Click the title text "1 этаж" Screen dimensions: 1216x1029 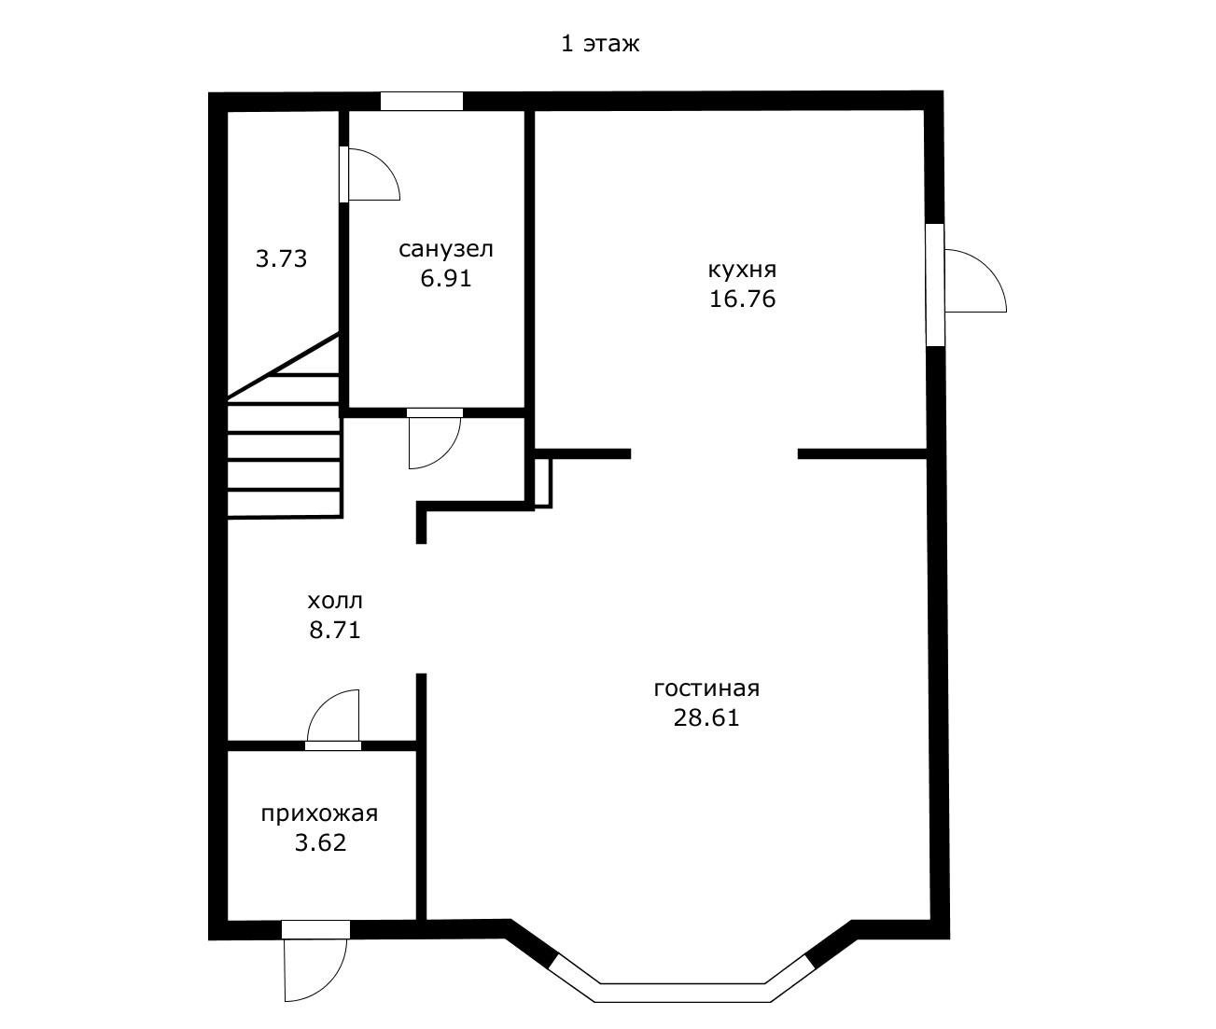pyautogui.click(x=600, y=44)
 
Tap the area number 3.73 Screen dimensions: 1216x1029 pyautogui.click(x=281, y=258)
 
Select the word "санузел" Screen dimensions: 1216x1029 pyautogui.click(x=446, y=249)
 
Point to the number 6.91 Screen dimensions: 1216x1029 pyautogui.click(x=446, y=278)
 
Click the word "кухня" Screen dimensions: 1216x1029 pyautogui.click(x=743, y=271)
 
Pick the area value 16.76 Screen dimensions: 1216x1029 pyautogui.click(x=743, y=299)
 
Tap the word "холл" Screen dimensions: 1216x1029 pyautogui.click(x=335, y=602)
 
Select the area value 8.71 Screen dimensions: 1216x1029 pyautogui.click(x=335, y=631)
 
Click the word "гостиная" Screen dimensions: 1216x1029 pyautogui.click(x=706, y=688)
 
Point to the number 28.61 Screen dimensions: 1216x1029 pyautogui.click(x=706, y=718)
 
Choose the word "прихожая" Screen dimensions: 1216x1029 pyautogui.click(x=319, y=814)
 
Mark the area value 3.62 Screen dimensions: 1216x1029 pyautogui.click(x=321, y=843)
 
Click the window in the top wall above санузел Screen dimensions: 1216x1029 pyautogui.click(x=421, y=101)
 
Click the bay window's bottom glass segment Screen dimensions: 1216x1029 pyautogui.click(x=682, y=993)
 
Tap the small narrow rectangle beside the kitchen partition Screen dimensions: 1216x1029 pyautogui.click(x=542, y=482)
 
